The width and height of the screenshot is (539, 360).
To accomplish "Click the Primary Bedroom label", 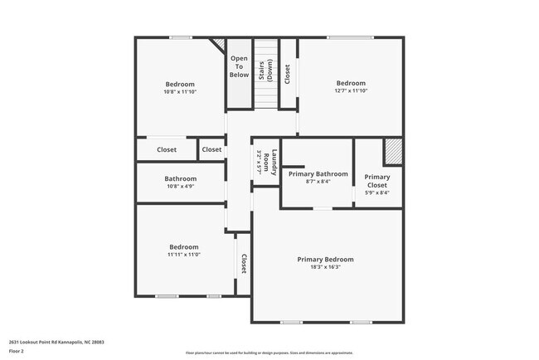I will [x=325, y=260].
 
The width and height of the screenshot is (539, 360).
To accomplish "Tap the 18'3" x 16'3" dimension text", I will [x=325, y=268].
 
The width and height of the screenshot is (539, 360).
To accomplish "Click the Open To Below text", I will [x=239, y=66].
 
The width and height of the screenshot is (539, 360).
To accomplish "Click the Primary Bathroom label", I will [x=318, y=173].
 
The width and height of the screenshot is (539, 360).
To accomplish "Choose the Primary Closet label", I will [x=376, y=181].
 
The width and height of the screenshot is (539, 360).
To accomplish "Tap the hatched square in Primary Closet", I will [x=391, y=153].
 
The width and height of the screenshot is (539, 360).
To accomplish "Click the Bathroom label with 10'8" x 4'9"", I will [x=180, y=178].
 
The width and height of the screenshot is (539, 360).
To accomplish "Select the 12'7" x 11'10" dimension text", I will [x=350, y=91].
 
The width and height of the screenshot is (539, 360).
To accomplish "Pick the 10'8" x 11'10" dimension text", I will [x=180, y=92].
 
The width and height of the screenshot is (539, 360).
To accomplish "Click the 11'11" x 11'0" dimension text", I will [x=183, y=255].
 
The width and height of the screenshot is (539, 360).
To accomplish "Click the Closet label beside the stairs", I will [x=287, y=75].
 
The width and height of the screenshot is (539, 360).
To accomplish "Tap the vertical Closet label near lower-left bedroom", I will [x=244, y=264].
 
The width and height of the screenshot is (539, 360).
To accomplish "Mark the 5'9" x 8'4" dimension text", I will [x=376, y=192].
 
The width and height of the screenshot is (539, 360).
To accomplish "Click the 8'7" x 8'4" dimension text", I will [x=318, y=182].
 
